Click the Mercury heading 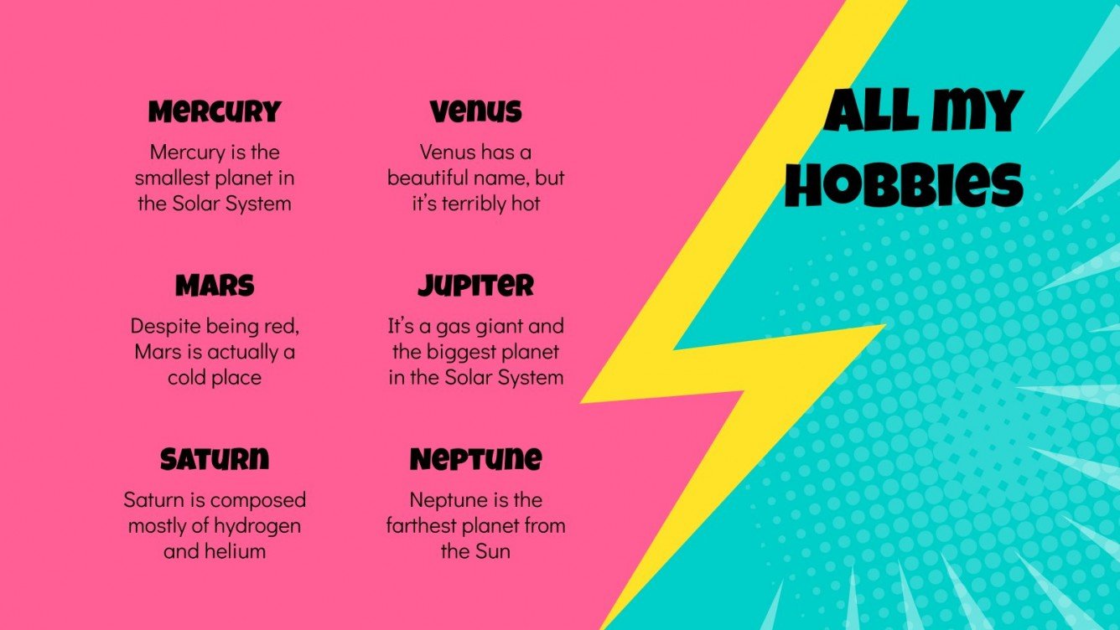tap(215, 111)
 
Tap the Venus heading tap(475, 111)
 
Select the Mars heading tap(215, 286)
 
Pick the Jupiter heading tap(475, 286)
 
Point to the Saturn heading tap(215, 459)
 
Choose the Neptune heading tap(475, 459)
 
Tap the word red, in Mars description tap(283, 325)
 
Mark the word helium tap(237, 552)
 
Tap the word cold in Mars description tap(187, 378)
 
